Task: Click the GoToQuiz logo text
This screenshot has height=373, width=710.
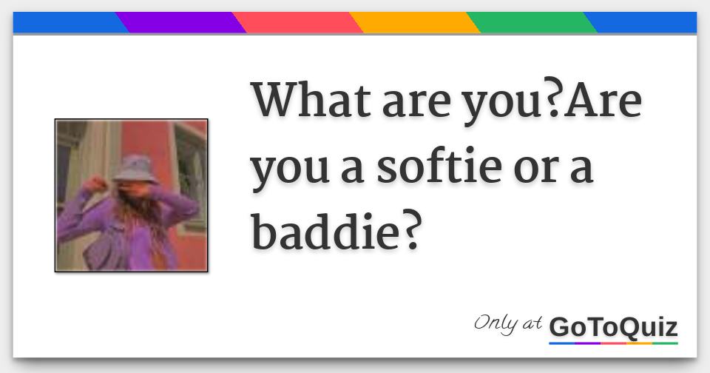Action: click(613, 326)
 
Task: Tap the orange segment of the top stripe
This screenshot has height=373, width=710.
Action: click(414, 22)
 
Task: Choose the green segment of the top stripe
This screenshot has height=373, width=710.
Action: click(531, 22)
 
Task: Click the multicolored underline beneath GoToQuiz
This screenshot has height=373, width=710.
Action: click(613, 343)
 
